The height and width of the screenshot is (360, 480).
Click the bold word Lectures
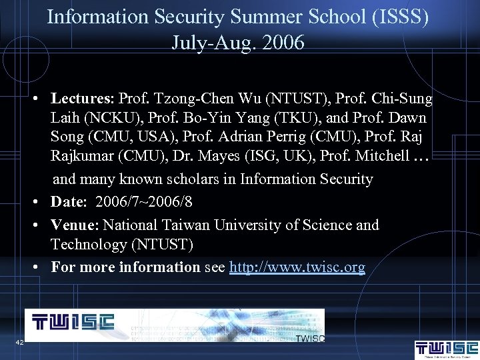(x=83, y=99)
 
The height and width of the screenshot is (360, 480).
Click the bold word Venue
(x=75, y=225)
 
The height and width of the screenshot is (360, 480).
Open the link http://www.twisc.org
(x=297, y=267)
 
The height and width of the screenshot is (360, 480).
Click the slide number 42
(x=19, y=342)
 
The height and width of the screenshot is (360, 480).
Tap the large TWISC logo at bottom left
(x=73, y=323)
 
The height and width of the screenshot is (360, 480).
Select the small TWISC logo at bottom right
(x=446, y=349)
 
